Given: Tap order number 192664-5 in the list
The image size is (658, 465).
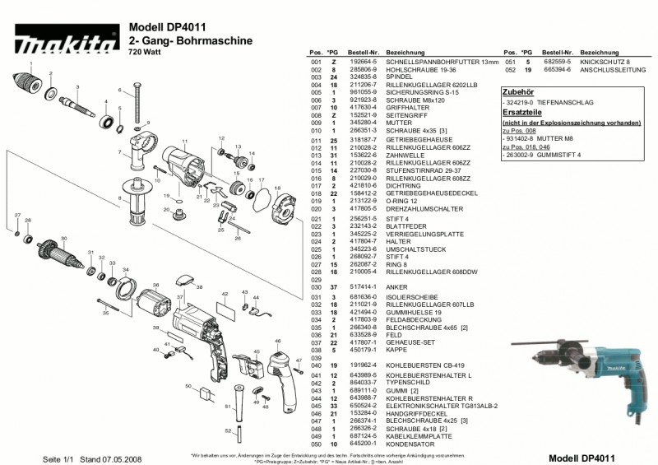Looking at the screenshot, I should coord(340,62).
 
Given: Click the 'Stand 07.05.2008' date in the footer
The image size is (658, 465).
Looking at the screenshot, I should coord(104,458).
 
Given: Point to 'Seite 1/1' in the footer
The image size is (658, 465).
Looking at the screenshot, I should coord(58,458).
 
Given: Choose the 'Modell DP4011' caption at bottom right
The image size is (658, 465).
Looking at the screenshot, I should coord(582,457).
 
